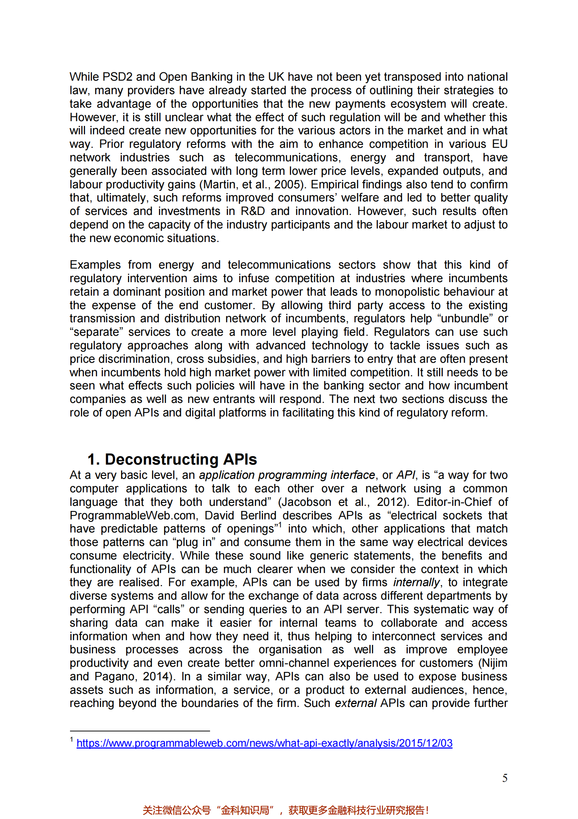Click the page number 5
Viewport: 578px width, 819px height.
point(504,778)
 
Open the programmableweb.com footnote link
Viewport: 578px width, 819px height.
point(264,743)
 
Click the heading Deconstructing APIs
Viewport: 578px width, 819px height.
point(172,459)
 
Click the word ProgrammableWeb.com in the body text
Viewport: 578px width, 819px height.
point(134,515)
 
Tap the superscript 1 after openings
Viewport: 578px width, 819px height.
point(280,525)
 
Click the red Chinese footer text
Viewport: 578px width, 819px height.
point(286,811)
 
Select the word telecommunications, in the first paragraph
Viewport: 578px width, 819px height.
point(288,158)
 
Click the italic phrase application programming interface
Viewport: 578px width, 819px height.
point(287,475)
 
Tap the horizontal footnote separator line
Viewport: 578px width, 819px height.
point(140,731)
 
